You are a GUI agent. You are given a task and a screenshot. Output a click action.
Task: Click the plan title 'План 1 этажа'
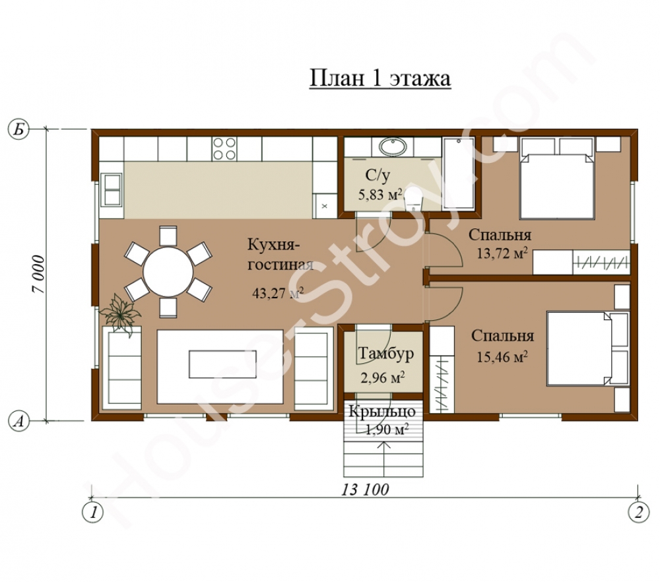pyautogui.click(x=380, y=79)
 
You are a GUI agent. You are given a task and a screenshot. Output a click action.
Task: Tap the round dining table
pyautogui.click(x=168, y=271)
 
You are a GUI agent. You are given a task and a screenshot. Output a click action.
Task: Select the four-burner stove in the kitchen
pyautogui.click(x=224, y=149)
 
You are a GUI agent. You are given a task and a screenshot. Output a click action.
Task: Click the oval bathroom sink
pyautogui.click(x=393, y=147)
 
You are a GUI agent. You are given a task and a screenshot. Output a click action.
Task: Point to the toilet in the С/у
pyautogui.click(x=414, y=201)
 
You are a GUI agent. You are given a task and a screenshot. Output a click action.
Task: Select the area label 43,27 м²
pyautogui.click(x=278, y=292)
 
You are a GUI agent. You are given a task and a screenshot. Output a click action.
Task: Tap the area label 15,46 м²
pyautogui.click(x=502, y=357)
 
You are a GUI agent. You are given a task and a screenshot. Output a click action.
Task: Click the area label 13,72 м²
pyautogui.click(x=502, y=253)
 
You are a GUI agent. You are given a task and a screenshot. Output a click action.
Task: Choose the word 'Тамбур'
pyautogui.click(x=386, y=354)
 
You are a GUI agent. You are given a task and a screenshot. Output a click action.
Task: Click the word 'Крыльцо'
pyautogui.click(x=382, y=412)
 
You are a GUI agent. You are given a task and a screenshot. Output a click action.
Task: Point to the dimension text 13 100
pyautogui.click(x=365, y=490)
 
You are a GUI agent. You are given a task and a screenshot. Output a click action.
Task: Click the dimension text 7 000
pyautogui.click(x=38, y=274)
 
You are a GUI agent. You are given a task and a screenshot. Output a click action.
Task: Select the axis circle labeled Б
pyautogui.click(x=18, y=129)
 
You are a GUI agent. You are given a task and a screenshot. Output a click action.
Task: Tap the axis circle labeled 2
pyautogui.click(x=638, y=512)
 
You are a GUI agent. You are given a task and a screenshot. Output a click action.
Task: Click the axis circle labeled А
pyautogui.click(x=18, y=421)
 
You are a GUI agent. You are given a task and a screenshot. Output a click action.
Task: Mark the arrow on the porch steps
pyautogui.click(x=386, y=449)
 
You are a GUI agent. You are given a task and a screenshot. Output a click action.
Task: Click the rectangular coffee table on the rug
pyautogui.click(x=222, y=364)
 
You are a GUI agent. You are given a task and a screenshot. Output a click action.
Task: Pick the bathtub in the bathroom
pyautogui.click(x=459, y=172)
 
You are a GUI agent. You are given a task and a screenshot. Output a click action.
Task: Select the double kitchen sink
pyautogui.click(x=112, y=189)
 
